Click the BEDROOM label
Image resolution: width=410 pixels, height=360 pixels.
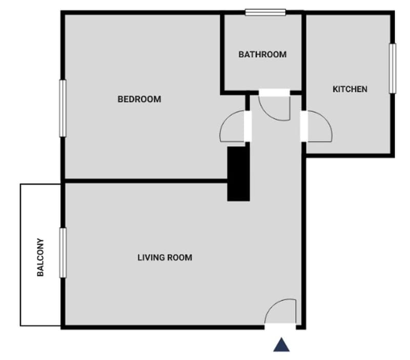tap(139, 99)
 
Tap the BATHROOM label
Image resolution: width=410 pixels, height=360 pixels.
tap(262, 54)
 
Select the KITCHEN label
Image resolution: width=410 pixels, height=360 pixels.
tap(350, 89)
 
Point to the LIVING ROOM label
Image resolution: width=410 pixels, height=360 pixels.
tap(165, 258)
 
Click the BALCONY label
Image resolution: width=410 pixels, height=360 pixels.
tap(40, 257)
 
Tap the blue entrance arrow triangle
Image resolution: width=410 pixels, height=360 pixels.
tap(281, 345)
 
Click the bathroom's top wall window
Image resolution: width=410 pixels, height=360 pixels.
tap(265, 12)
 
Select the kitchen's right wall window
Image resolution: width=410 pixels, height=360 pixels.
tap(392, 69)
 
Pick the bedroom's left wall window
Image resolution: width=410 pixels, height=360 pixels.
tap(63, 108)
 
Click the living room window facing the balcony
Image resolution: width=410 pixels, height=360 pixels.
tap(63, 253)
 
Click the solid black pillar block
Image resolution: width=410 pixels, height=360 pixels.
tap(238, 174)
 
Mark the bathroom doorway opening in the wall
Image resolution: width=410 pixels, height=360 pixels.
tap(274, 93)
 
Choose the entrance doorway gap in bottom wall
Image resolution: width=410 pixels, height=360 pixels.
tap(280, 327)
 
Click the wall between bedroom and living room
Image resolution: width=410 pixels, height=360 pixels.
tap(146, 181)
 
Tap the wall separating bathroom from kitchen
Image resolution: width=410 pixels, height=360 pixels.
tap(303, 52)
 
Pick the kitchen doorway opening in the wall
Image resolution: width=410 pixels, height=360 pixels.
tap(303, 126)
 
